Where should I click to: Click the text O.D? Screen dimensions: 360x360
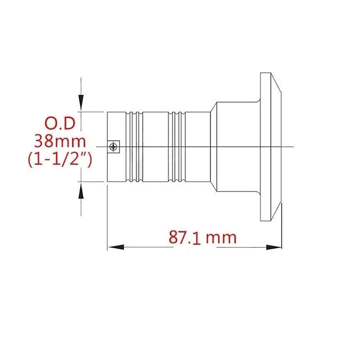(x=60, y=124)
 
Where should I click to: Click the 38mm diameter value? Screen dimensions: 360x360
(x=60, y=142)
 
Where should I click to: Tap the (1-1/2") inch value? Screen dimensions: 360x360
(x=60, y=160)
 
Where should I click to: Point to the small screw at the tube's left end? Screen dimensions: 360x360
(x=114, y=147)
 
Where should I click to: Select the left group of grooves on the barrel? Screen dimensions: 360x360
(x=134, y=147)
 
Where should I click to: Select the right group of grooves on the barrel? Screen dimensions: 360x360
(x=177, y=147)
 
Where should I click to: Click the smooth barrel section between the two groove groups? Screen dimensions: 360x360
(x=156, y=147)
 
